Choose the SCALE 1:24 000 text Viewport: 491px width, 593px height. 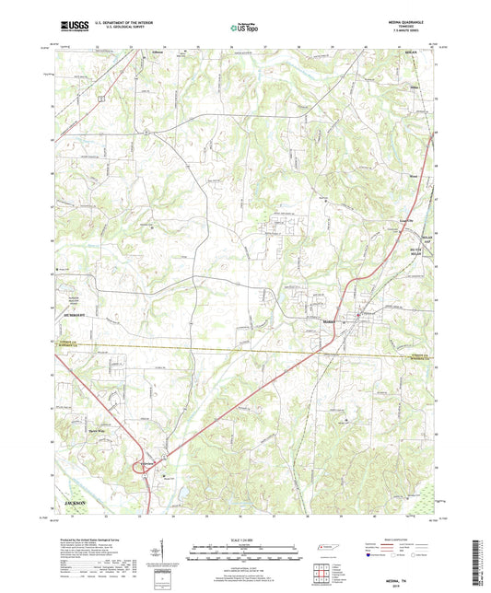[x=245, y=539]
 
